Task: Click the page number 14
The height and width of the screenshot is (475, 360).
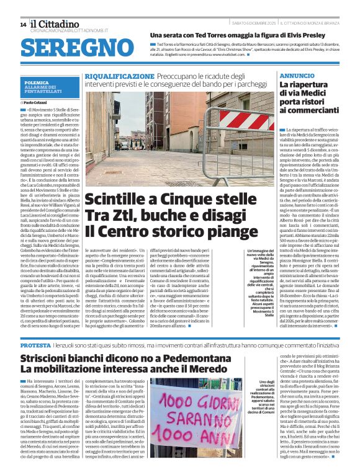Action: point(23,24)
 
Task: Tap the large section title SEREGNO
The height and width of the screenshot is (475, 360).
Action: point(71,47)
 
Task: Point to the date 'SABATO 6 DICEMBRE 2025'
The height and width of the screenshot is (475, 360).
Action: point(254,24)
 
